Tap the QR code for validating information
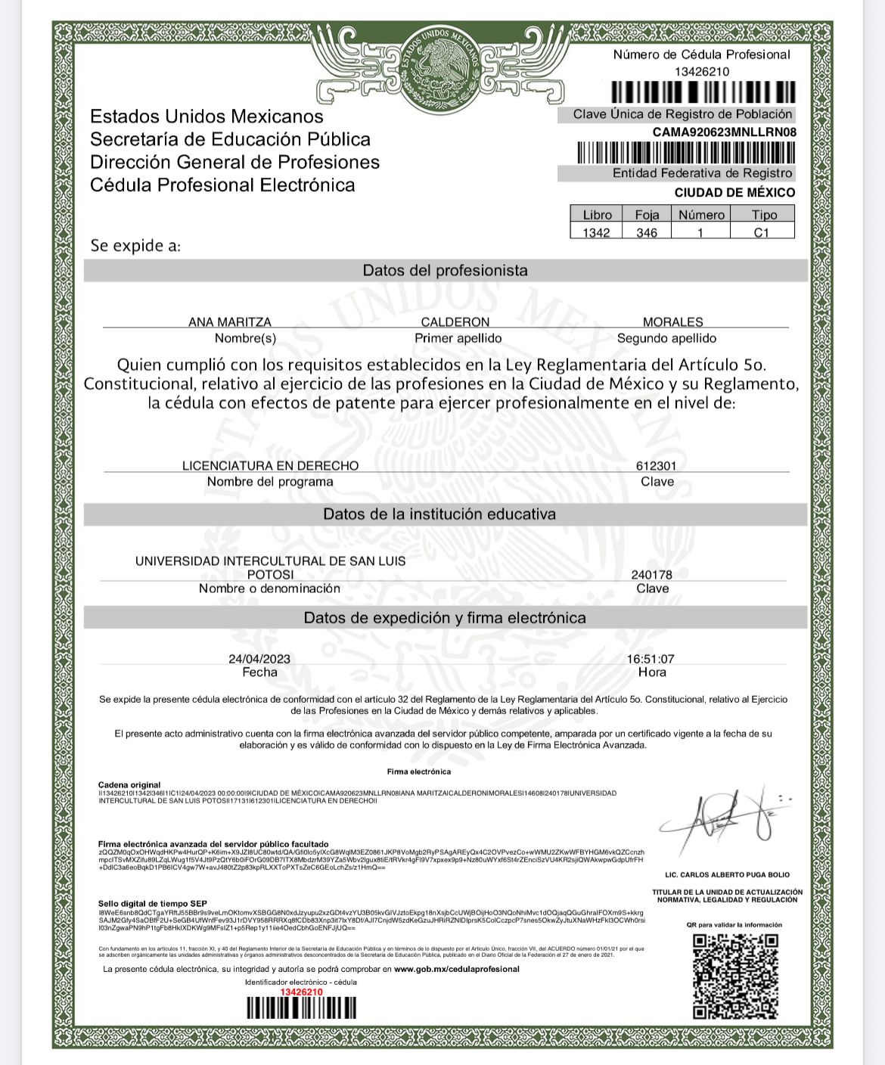[x=735, y=975]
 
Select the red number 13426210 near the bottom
[x=301, y=992]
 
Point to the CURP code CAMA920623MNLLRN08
[x=725, y=132]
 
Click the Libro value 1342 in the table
[x=596, y=232]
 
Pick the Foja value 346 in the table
[x=647, y=232]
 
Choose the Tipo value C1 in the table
[x=761, y=232]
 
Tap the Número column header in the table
[x=701, y=215]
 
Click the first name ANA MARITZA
[x=229, y=322]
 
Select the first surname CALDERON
[x=455, y=322]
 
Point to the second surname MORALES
[x=672, y=322]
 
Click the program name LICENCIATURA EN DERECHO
[x=270, y=466]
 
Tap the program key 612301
[x=656, y=466]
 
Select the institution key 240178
[x=651, y=575]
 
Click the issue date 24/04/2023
[x=259, y=659]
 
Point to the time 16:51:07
[x=651, y=659]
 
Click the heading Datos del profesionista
[x=445, y=271]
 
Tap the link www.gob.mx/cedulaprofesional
[x=456, y=969]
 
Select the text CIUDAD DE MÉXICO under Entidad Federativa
[x=734, y=192]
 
